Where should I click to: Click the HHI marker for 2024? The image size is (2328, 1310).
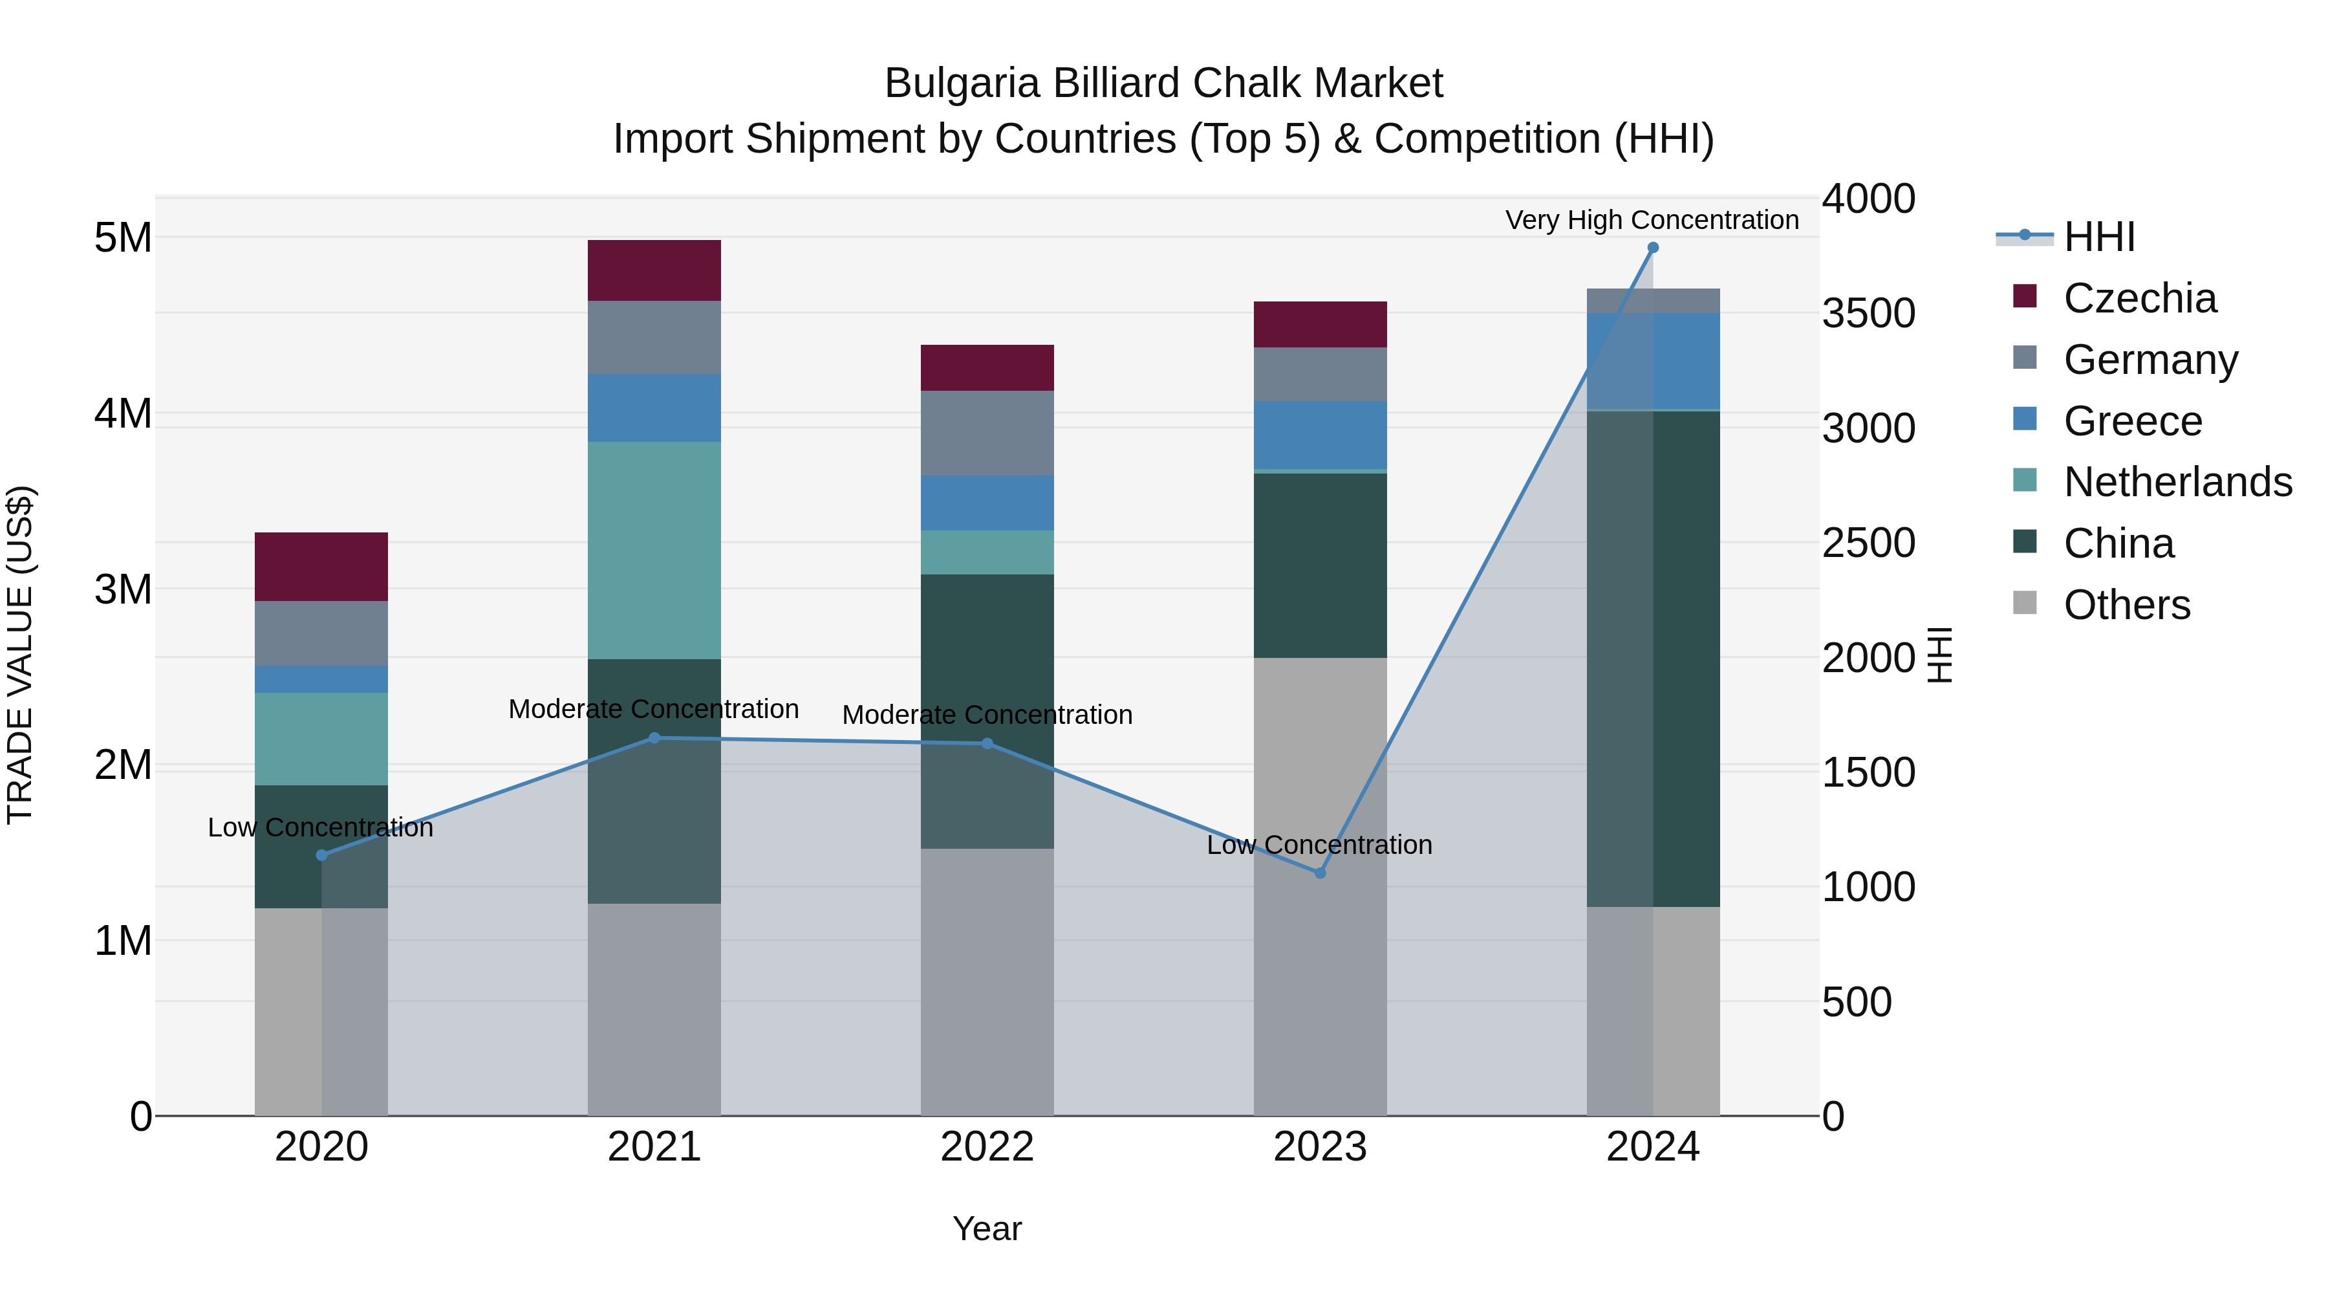coord(1653,248)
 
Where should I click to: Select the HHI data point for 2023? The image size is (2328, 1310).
coord(1319,873)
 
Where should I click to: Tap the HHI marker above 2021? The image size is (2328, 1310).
coord(654,739)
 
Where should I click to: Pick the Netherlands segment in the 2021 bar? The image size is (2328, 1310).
coord(654,551)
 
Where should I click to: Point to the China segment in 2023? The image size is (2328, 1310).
coord(1319,565)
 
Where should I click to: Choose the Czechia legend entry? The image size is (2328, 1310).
coord(2139,298)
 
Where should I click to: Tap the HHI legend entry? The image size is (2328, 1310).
coord(2098,237)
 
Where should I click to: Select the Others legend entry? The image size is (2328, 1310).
coord(2126,605)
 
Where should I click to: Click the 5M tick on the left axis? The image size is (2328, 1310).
coord(123,238)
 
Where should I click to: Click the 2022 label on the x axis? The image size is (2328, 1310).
coord(987,1147)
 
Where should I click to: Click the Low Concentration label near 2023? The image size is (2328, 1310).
coord(1319,846)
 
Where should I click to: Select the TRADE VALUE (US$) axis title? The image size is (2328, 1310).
coord(20,655)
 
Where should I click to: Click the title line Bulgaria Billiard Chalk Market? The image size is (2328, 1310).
coord(1163,83)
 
